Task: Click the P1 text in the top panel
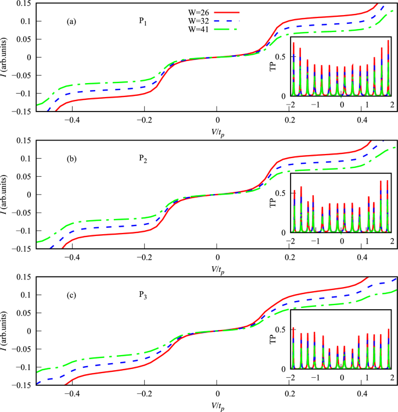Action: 142,22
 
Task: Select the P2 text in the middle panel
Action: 142,158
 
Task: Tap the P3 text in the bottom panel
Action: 142,295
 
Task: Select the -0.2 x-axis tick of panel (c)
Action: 145,393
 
